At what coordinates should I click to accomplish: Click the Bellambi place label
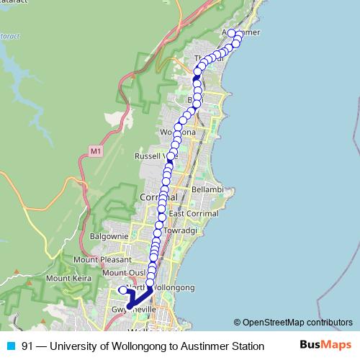tap(207, 189)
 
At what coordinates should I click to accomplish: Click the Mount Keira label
tap(68, 277)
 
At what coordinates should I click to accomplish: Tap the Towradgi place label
tap(179, 230)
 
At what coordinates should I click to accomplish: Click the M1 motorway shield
tap(96, 151)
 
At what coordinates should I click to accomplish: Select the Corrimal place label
tap(153, 197)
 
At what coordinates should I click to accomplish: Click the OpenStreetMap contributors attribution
tap(293, 323)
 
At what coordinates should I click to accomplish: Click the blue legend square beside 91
tap(10, 346)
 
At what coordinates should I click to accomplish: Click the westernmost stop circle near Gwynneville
tap(122, 290)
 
